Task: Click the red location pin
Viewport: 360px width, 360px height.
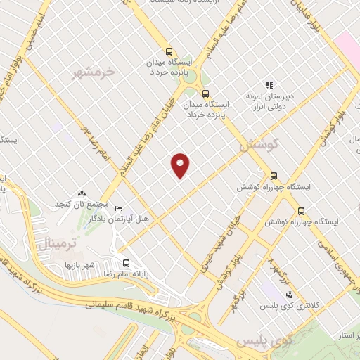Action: tap(180, 165)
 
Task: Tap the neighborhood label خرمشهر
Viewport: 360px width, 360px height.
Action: tap(93, 72)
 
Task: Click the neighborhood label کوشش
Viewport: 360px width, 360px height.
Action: tap(259, 145)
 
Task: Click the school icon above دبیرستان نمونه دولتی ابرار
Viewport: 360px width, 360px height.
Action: tap(268, 85)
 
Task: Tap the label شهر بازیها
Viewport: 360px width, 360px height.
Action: tap(79, 266)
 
